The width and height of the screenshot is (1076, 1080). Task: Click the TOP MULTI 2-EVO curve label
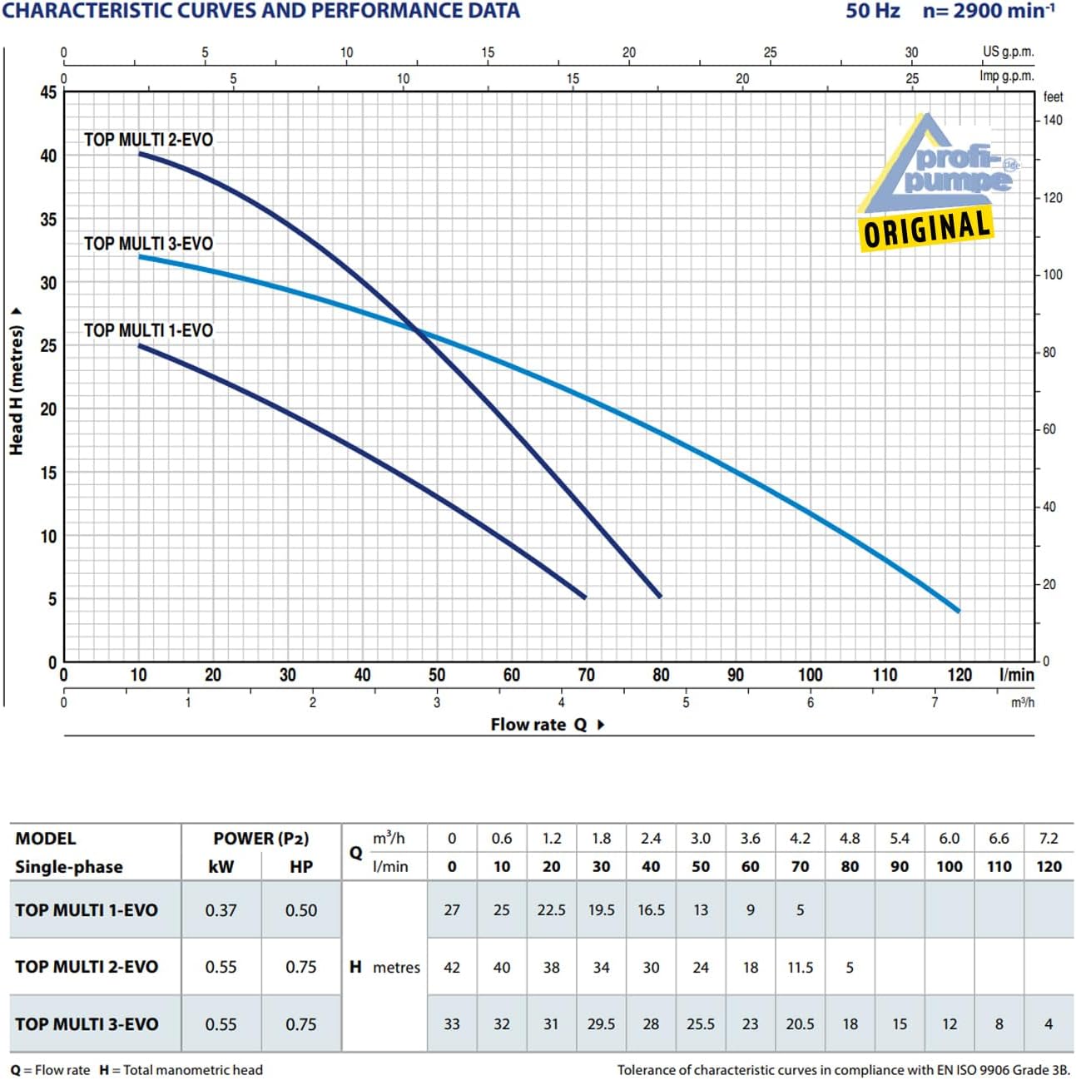pos(149,139)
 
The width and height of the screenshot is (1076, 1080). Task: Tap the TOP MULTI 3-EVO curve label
pos(149,243)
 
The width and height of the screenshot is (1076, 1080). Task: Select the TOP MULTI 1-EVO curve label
pos(149,330)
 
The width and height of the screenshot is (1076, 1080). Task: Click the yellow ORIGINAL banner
pos(926,228)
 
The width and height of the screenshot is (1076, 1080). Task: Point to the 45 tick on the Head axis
pos(49,92)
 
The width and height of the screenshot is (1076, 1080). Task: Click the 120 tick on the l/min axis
pos(959,674)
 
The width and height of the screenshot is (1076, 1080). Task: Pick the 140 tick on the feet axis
pos(1053,121)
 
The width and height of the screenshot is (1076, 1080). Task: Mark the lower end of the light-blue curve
pos(959,611)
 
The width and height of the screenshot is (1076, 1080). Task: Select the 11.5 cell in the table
pos(800,967)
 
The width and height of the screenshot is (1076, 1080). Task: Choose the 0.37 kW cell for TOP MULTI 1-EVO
pos(221,910)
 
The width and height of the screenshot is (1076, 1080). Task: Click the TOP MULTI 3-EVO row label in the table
pos(87,1024)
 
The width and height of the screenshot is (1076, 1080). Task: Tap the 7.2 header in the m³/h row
pos(1049,839)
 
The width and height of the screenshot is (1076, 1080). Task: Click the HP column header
pos(301,866)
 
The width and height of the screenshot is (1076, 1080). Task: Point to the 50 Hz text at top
pos(872,11)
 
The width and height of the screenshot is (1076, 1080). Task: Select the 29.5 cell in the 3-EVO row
pos(601,1024)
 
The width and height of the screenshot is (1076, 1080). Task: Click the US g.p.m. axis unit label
pos(1008,52)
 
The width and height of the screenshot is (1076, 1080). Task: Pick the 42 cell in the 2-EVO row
pos(452,967)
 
